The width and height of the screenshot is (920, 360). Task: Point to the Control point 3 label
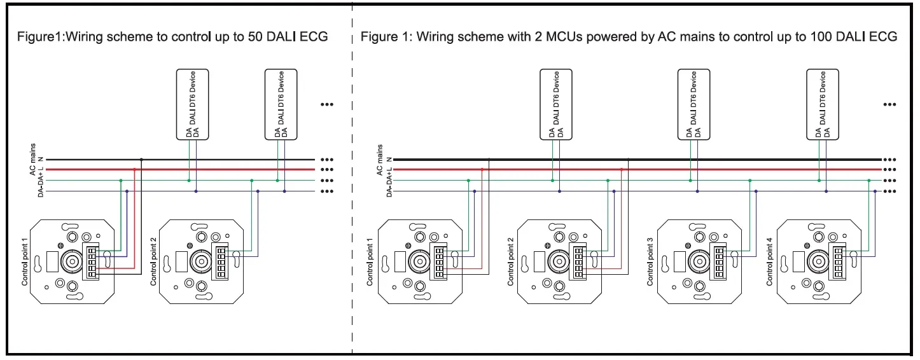tap(650, 261)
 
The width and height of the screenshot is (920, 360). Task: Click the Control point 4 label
tap(769, 261)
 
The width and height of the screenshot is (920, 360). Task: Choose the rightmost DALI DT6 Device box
tap(822, 104)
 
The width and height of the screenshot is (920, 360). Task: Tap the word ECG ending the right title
tap(884, 37)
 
